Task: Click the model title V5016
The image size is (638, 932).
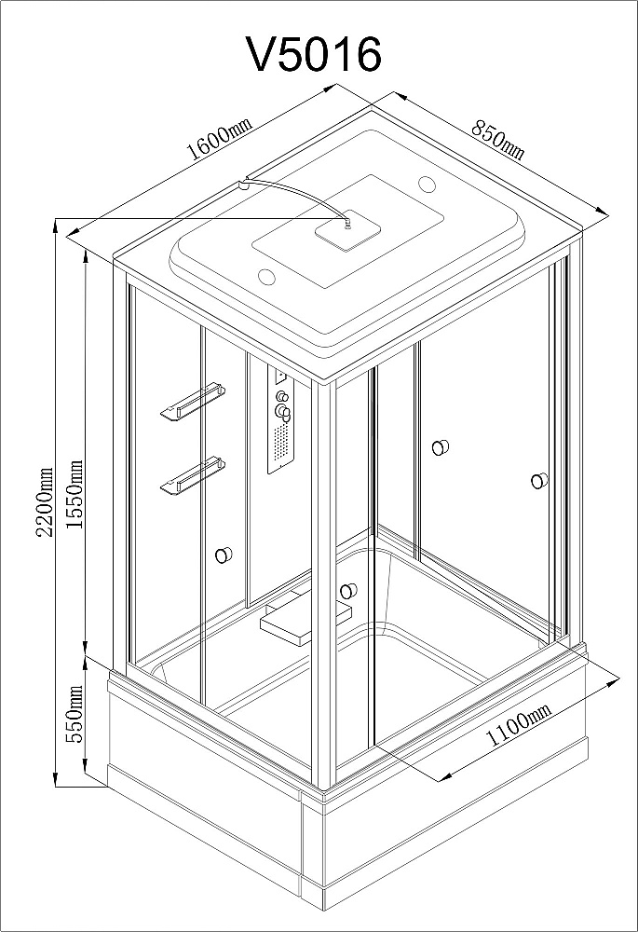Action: pos(314,55)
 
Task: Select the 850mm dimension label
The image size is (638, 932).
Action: pos(497,140)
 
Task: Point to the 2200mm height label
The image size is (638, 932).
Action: pos(45,501)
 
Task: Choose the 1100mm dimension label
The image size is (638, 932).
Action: pos(519,724)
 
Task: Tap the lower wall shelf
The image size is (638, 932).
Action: pos(193,473)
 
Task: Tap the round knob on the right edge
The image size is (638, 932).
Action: pos(539,480)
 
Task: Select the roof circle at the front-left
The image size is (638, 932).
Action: pos(268,277)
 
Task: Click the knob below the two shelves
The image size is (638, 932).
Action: pos(224,555)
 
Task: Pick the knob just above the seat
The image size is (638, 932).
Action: pos(348,591)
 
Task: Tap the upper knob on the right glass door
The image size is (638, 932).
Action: pos(441,447)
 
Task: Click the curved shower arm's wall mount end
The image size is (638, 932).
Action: pos(242,185)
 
